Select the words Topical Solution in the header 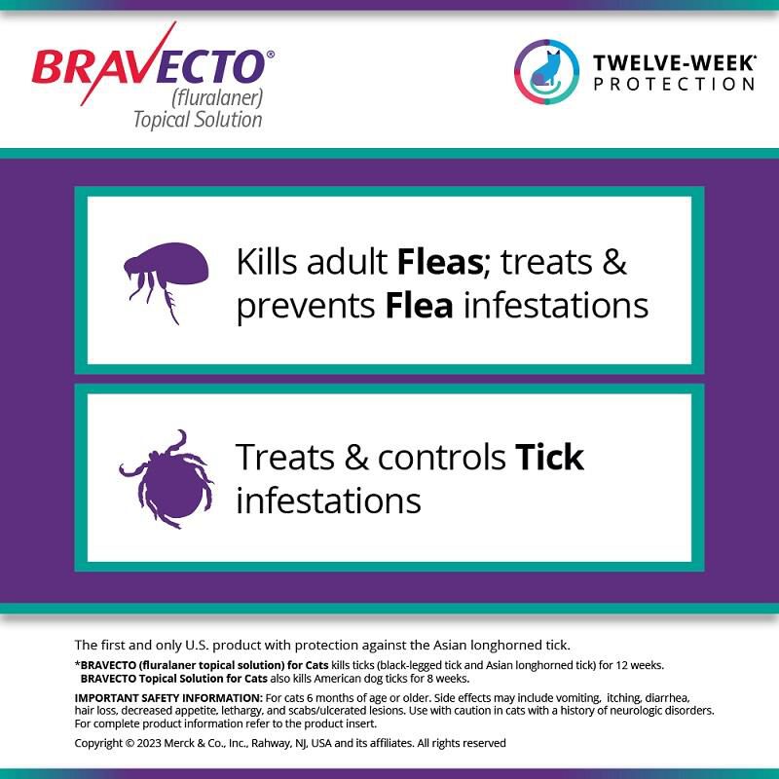pyautogui.click(x=198, y=120)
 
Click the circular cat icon pyautogui.click(x=545, y=72)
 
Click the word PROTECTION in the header pyautogui.click(x=674, y=84)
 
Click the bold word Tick pyautogui.click(x=549, y=456)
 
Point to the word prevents pyautogui.click(x=306, y=306)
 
